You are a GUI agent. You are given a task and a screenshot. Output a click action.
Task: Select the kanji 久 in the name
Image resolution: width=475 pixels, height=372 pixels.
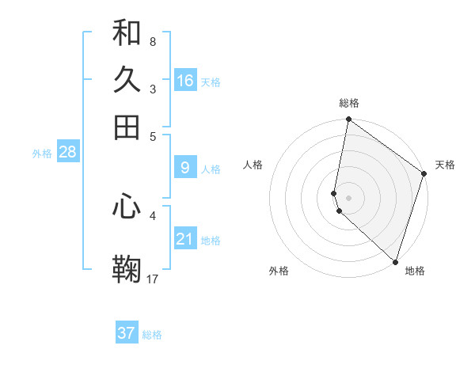point(127,81)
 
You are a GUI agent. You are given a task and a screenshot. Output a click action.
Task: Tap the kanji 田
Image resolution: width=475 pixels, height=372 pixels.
point(127,127)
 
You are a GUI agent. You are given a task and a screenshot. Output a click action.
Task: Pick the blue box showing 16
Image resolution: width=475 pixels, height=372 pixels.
point(184,81)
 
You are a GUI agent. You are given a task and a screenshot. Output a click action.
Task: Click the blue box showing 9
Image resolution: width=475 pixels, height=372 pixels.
point(184,168)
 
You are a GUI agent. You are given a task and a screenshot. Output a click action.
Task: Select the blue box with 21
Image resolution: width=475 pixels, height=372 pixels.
point(184,239)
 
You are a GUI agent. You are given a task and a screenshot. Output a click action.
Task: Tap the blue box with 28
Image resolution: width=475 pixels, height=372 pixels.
point(67,152)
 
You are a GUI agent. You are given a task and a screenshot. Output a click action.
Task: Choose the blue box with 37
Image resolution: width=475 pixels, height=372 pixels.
point(127,333)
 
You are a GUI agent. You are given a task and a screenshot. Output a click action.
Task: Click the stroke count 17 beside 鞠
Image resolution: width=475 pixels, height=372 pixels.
point(153,278)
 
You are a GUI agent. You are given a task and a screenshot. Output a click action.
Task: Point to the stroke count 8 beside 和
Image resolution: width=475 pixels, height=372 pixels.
point(152,41)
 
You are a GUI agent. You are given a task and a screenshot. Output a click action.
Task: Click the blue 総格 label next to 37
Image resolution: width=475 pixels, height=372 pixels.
point(152,335)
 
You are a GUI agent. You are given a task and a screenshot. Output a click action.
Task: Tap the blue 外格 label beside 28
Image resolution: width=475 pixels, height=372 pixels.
point(42,154)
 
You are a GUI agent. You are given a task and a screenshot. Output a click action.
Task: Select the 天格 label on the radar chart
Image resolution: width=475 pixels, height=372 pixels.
point(445,165)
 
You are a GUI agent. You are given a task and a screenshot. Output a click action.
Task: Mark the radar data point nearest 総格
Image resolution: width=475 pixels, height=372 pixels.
point(348,120)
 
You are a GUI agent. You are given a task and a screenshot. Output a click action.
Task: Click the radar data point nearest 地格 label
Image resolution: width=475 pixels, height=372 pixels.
point(394,262)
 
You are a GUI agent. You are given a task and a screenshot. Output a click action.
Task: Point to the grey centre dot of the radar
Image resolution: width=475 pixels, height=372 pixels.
point(348,196)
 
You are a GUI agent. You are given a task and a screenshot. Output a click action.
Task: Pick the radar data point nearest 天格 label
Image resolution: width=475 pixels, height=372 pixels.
point(424,174)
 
